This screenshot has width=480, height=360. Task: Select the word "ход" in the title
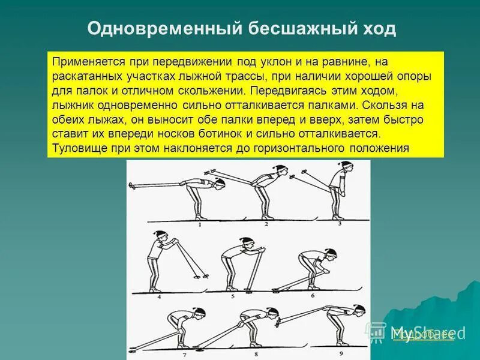377,29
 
